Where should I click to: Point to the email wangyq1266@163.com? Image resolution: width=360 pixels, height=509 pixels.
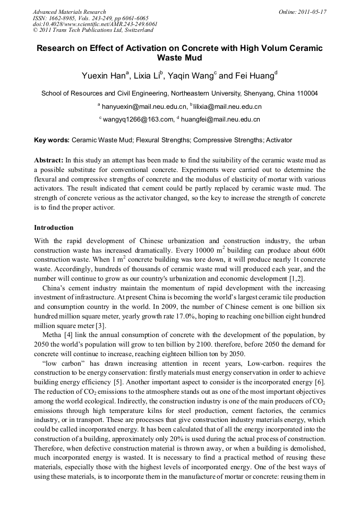tap(138, 120)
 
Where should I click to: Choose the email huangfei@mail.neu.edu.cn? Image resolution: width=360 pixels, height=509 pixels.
tap(220, 120)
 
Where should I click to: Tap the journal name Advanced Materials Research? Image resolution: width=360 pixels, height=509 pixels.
tap(69, 12)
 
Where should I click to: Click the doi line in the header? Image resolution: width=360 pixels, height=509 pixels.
tap(95, 24)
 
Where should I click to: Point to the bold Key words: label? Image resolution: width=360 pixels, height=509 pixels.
tap(52, 141)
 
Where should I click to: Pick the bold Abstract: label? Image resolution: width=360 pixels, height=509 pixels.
tap(49, 160)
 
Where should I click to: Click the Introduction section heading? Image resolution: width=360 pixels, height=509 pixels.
tap(54, 228)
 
